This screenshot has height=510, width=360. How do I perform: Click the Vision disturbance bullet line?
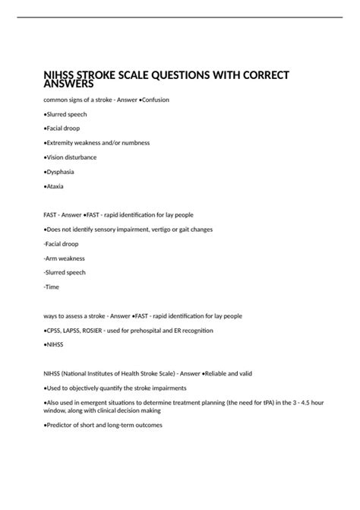(x=71, y=157)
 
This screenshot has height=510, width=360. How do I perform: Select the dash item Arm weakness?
(x=65, y=258)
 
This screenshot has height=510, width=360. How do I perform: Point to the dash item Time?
(x=52, y=287)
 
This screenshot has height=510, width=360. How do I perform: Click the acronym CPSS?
(x=57, y=331)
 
